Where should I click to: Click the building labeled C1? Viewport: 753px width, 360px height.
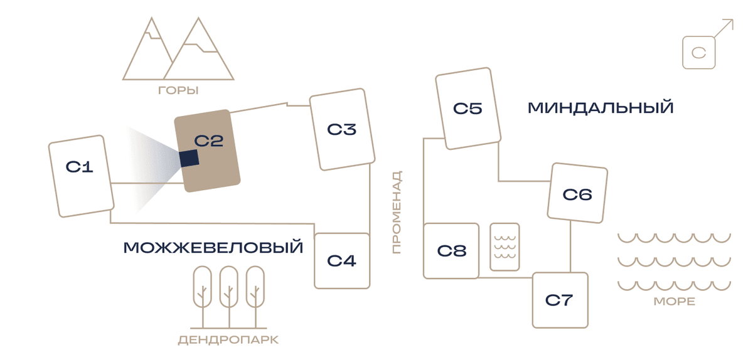(82, 176)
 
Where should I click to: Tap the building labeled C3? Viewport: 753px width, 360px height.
(342, 129)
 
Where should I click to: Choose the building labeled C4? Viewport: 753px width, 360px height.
(342, 261)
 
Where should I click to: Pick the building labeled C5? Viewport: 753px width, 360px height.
(468, 109)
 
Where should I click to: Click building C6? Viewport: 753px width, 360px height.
(577, 193)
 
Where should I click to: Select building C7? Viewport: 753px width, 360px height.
(560, 300)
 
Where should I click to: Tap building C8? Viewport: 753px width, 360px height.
(451, 251)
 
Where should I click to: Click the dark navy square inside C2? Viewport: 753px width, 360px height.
(189, 158)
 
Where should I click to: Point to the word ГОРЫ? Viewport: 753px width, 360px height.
(178, 90)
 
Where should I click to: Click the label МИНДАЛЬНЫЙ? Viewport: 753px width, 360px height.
(601, 108)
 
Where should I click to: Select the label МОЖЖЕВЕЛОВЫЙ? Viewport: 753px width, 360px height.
(213, 248)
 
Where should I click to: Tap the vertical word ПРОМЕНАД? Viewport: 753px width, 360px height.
(397, 212)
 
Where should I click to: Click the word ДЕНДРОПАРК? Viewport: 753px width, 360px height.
(228, 340)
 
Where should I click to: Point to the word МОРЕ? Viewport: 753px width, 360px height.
(675, 302)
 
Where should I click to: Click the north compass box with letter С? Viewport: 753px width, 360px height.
(699, 53)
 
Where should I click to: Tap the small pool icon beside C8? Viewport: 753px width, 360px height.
(505, 246)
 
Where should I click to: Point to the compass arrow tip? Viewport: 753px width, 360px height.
(733, 19)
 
